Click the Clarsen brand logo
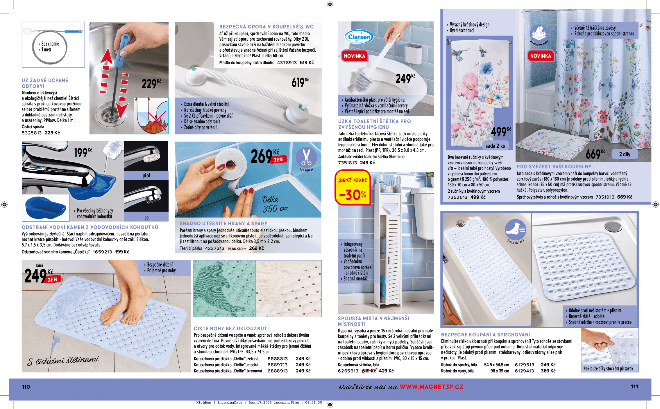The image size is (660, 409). (x=359, y=37)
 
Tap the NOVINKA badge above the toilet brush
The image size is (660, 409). (x=354, y=56)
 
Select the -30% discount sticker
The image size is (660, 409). (x=352, y=194)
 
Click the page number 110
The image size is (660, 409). (x=26, y=387)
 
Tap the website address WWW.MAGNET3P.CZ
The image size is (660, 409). (x=431, y=387)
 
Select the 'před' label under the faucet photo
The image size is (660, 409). (x=146, y=175)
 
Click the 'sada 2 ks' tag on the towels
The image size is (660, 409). (x=495, y=146)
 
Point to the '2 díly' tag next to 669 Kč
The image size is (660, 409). (x=624, y=154)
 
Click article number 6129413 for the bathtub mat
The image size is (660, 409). (x=524, y=371)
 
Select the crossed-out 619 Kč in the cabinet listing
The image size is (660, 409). (x=369, y=371)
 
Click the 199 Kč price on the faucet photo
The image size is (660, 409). (x=83, y=152)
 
